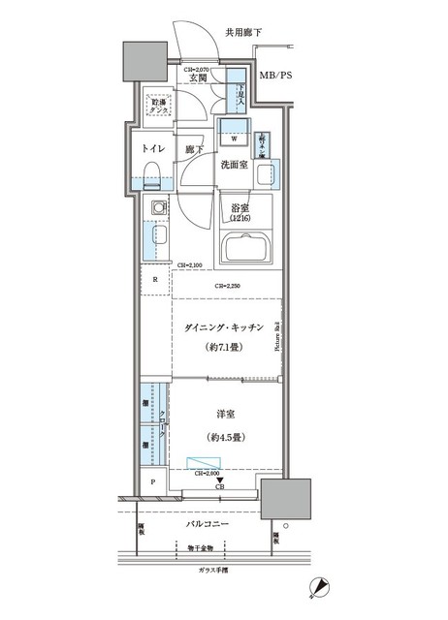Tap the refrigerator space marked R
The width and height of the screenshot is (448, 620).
154,281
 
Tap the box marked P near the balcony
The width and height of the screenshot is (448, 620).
153,481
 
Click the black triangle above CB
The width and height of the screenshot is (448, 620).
220,480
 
